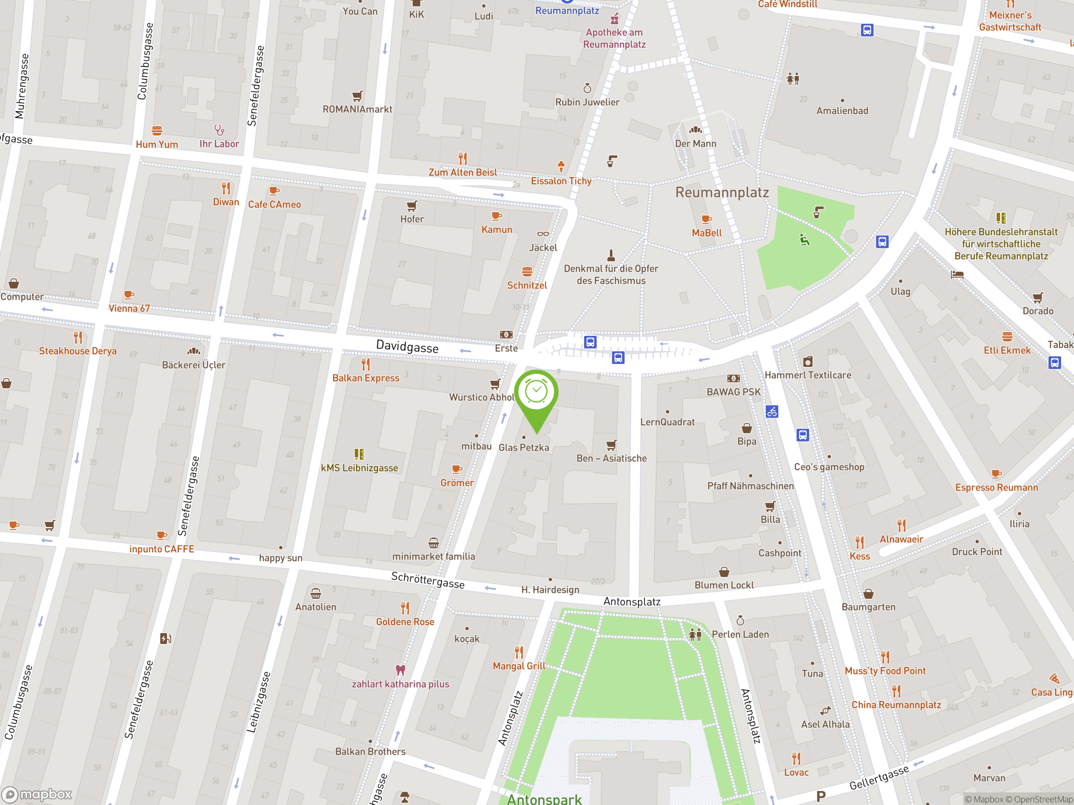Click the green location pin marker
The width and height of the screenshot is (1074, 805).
click(x=536, y=395)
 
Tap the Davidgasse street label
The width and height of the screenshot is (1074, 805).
click(x=407, y=346)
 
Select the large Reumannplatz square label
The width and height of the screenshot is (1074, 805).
click(x=722, y=192)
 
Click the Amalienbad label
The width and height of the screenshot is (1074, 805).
click(x=842, y=111)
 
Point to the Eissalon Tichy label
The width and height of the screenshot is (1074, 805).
click(x=561, y=181)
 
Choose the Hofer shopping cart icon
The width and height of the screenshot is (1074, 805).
click(x=412, y=206)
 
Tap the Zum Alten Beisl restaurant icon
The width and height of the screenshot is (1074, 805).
click(x=463, y=158)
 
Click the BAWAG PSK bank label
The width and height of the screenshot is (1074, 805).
click(x=733, y=392)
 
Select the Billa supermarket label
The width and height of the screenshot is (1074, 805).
click(x=770, y=519)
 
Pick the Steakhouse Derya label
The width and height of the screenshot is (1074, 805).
click(x=78, y=351)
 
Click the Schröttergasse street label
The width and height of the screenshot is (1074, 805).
click(x=427, y=580)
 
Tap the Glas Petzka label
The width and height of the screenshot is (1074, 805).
click(x=524, y=447)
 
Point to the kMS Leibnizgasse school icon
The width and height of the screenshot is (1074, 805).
click(x=359, y=454)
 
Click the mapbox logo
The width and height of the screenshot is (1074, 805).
click(x=37, y=794)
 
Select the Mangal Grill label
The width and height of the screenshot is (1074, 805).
click(x=519, y=666)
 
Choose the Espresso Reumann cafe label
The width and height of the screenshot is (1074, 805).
click(x=996, y=487)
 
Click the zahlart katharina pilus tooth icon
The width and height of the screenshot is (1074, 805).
click(x=400, y=670)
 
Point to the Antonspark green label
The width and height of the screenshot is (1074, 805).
click(x=544, y=798)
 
